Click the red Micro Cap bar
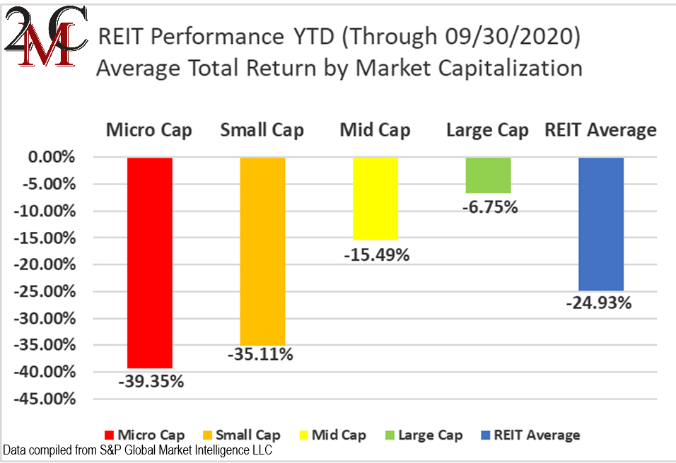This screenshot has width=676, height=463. pos(149,262)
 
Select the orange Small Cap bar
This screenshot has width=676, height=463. pos(262,251)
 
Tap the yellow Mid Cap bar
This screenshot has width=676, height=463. pos(375,199)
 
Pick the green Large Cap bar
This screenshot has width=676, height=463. pos(488,175)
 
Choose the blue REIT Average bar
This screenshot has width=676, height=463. pos(600,224)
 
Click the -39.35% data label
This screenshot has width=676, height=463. pos(151,382)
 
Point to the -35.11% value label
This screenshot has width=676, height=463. pos(260,354)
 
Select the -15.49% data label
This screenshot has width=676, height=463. pos(377,254)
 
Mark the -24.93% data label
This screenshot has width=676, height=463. pos(598,304)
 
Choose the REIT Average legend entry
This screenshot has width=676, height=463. pos(530,435)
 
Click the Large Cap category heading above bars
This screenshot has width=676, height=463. pos(488,131)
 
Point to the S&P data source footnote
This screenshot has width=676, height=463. pos(138,450)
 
